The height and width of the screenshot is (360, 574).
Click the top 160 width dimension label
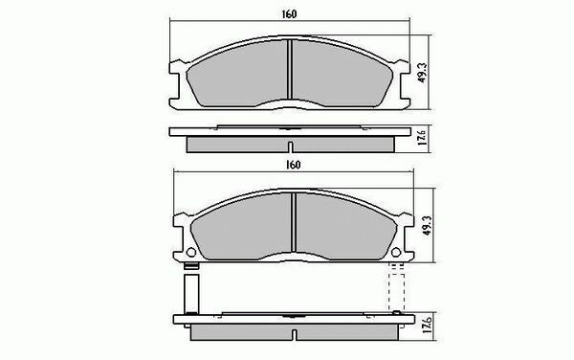[289, 14]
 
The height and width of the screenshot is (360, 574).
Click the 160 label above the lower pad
[294, 165]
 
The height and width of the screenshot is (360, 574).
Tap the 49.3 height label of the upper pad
[422, 72]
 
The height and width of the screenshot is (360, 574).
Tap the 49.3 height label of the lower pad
[427, 225]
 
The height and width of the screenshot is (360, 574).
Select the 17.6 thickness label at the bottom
[427, 325]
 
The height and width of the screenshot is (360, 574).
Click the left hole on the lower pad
[191, 253]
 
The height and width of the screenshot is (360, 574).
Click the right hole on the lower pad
[396, 253]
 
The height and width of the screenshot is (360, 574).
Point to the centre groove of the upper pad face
[290, 69]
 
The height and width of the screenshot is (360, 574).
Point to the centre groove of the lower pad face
[294, 222]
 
